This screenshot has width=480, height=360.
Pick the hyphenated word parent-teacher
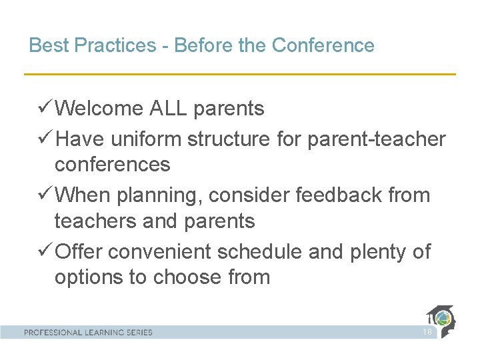pyautogui.click(x=376, y=139)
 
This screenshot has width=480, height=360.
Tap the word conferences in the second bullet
pyautogui.click(x=112, y=164)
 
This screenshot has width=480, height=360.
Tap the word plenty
pyautogui.click(x=375, y=252)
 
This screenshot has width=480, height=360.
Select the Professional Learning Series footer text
pyautogui.click(x=88, y=332)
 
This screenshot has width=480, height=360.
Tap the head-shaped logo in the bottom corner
pyautogui.click(x=442, y=321)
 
